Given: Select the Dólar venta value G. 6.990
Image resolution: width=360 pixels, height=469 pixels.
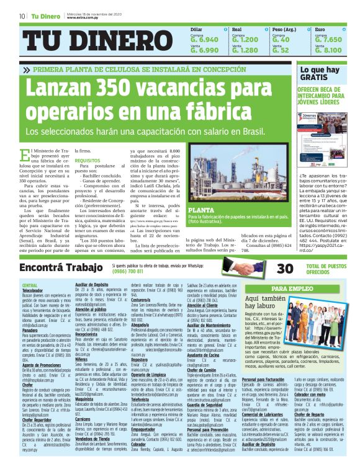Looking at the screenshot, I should pyautogui.click(x=204, y=50).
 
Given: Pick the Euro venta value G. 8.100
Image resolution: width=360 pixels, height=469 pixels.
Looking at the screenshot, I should pyautogui.click(x=328, y=50).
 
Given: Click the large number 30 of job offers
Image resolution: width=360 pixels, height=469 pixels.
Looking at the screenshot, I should pyautogui.click(x=285, y=268).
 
